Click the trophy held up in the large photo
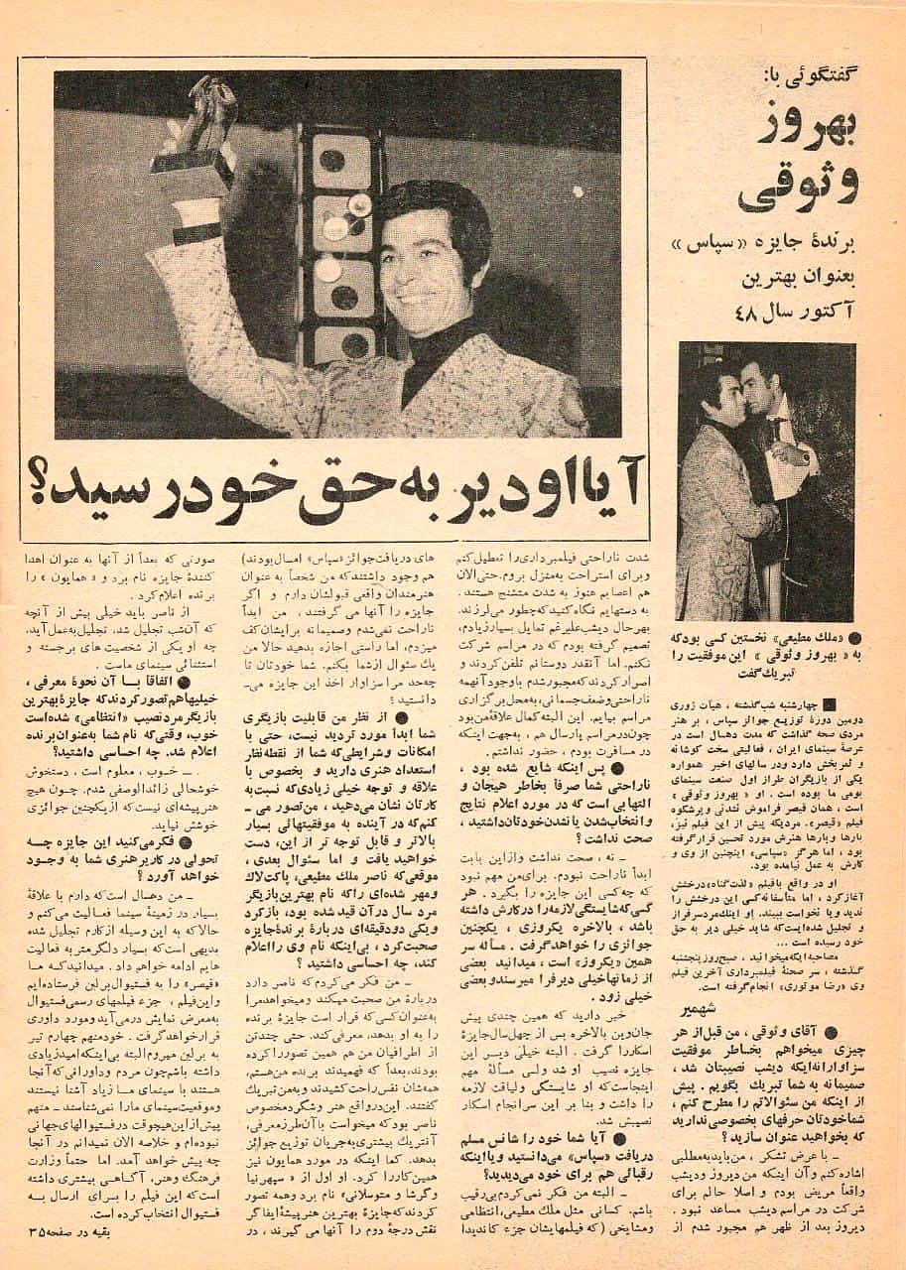coord(198,139)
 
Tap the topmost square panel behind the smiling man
coord(341,160)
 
